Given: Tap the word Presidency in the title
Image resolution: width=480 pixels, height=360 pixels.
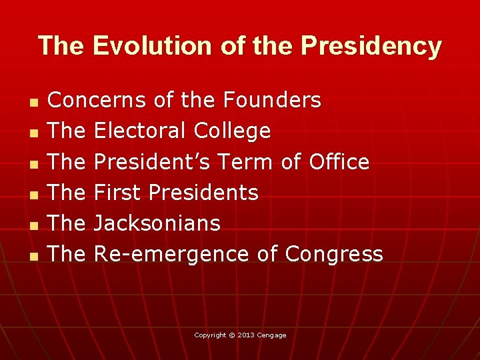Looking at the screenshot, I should tap(371, 46).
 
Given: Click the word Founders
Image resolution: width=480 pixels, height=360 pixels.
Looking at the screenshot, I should tap(272, 101).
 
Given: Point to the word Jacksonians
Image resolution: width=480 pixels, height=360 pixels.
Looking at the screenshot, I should tap(157, 223).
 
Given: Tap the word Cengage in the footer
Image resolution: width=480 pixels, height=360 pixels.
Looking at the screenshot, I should tap(272, 335).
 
